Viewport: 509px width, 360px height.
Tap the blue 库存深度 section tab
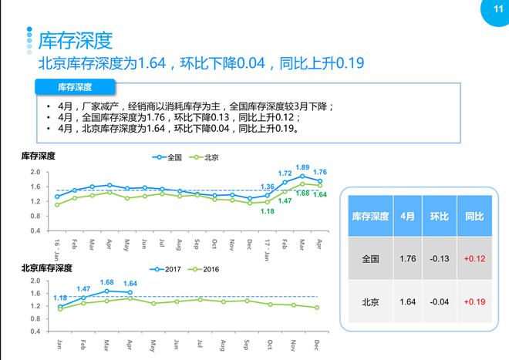[x=76, y=86]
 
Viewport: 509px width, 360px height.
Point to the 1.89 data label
[x=302, y=167]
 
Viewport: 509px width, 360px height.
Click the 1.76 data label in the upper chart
[x=319, y=172]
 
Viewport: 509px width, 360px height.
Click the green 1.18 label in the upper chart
[x=268, y=211]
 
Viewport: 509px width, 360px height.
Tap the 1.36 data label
[x=268, y=187]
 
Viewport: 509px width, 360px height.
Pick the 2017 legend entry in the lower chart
[x=167, y=269]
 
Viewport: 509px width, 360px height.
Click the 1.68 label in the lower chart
[x=106, y=282]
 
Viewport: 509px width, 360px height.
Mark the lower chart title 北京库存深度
[x=46, y=268]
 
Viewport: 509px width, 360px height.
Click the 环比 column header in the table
[x=439, y=217]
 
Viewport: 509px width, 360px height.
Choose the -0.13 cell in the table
[x=439, y=259]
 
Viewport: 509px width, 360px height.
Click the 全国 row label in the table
[x=370, y=259]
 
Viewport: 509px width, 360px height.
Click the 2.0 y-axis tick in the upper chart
[x=35, y=172]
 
